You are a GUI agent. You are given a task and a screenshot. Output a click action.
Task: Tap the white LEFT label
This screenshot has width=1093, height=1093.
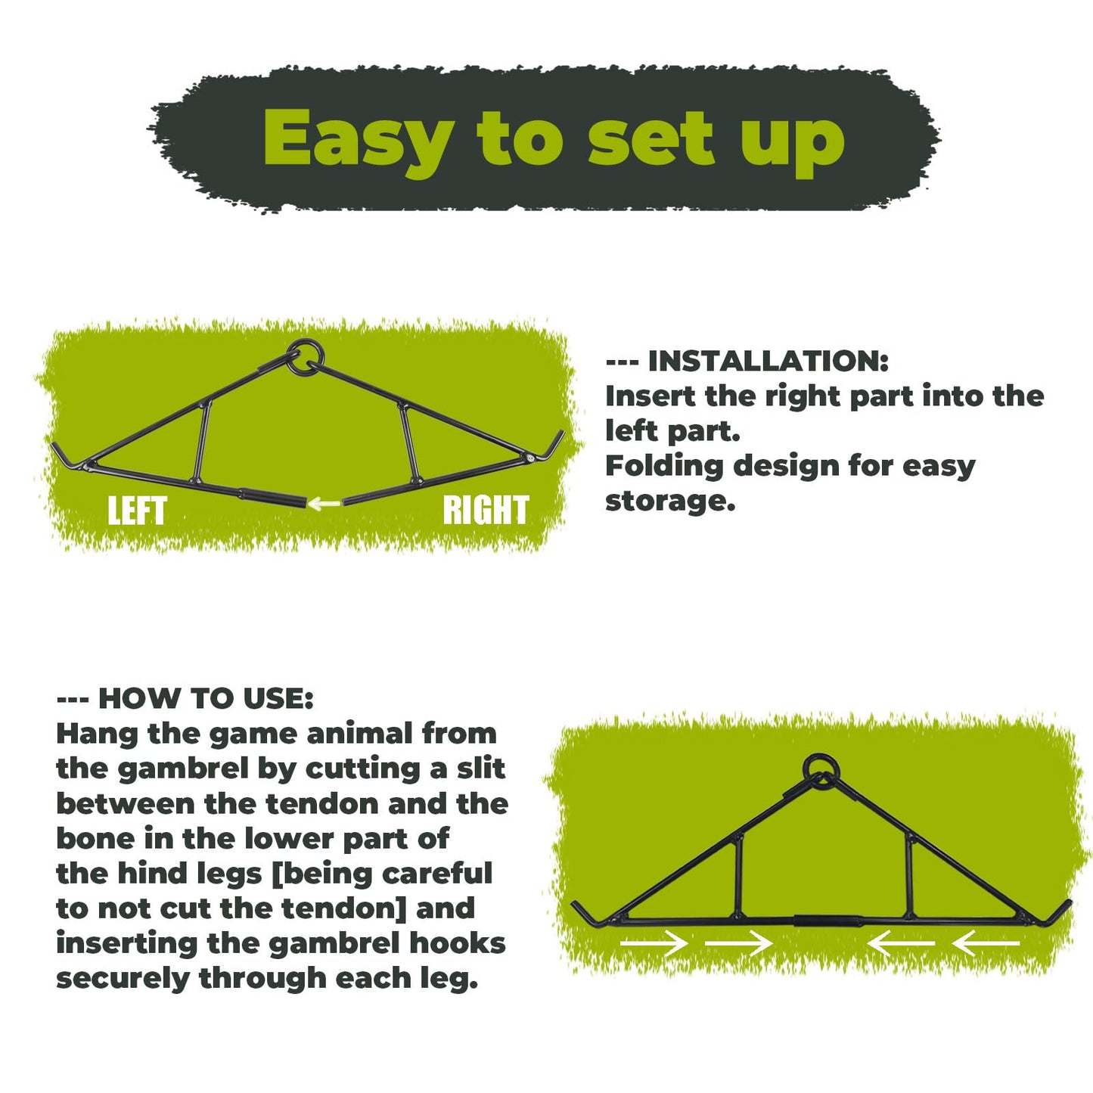tap(137, 510)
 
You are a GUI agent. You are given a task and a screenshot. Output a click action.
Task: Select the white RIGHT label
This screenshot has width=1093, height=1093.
tap(486, 510)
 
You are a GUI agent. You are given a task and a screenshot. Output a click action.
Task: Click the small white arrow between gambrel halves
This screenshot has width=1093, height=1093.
tap(324, 503)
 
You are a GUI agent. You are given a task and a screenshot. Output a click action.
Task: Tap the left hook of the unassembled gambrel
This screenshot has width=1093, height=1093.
tap(65, 455)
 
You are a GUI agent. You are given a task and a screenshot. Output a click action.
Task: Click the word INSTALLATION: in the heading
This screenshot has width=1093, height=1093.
tap(768, 361)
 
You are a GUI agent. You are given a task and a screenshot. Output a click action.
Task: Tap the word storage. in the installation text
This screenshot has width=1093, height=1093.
tap(670, 500)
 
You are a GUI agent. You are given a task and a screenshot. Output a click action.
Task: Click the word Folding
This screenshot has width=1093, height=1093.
tap(664, 466)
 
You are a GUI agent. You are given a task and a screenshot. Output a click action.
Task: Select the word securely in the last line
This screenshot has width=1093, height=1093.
tap(123, 979)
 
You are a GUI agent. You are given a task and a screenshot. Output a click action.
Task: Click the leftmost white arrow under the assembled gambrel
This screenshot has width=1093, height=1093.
tap(654, 943)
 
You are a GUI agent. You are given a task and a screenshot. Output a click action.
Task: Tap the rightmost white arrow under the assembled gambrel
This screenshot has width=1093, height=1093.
tap(986, 943)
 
